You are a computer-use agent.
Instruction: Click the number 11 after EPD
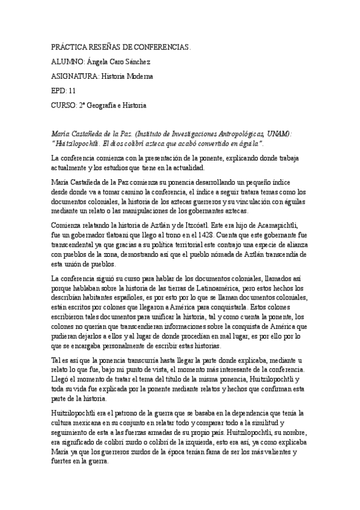point(73,91)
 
